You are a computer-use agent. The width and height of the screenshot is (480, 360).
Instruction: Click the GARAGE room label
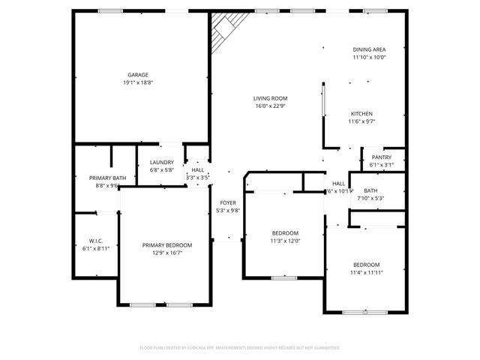[x=137, y=75]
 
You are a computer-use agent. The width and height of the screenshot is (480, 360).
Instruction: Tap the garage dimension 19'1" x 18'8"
[x=137, y=82]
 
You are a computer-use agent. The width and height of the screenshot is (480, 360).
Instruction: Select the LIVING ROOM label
[x=270, y=98]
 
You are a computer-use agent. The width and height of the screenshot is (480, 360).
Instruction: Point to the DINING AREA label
[x=369, y=49]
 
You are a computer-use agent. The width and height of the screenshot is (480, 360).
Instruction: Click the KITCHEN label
[x=361, y=114]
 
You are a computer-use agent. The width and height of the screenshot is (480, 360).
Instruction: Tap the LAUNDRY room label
[x=161, y=163]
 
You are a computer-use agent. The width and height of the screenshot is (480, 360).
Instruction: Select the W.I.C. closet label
[x=95, y=241]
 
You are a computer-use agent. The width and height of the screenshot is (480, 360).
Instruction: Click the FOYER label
[x=227, y=203]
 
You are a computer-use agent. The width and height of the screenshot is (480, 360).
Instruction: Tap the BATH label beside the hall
[x=370, y=191]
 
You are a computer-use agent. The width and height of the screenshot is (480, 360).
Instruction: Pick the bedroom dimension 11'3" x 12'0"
[x=284, y=241]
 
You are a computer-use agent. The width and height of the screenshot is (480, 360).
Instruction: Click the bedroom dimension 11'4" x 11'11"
[x=367, y=273]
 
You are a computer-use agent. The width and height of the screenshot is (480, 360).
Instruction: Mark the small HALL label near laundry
[x=198, y=170]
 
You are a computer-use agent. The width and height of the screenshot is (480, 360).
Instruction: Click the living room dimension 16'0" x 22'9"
[x=270, y=106]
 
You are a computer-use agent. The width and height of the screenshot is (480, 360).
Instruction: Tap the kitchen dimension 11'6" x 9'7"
[x=361, y=121]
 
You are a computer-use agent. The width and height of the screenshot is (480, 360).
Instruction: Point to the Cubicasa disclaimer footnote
[x=240, y=348]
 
